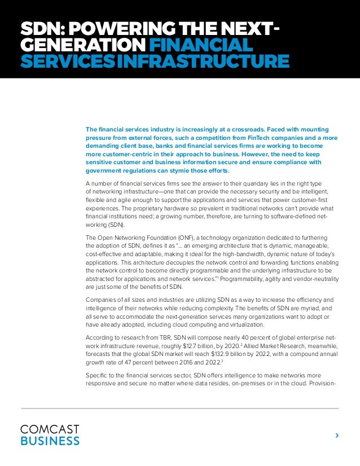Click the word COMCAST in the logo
pyautogui.click(x=50, y=429)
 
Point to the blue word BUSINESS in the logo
pyautogui.click(x=50, y=440)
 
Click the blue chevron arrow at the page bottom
pyautogui.click(x=337, y=435)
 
